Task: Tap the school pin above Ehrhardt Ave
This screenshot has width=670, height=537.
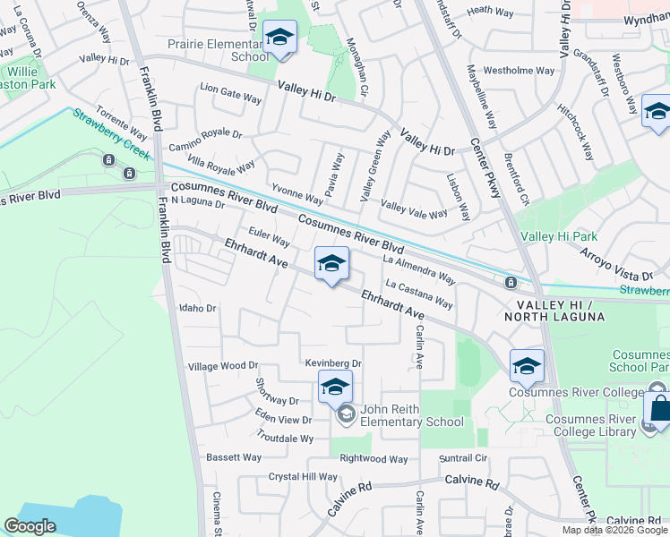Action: pos(331,264)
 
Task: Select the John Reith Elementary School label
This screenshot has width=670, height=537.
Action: pos(411,415)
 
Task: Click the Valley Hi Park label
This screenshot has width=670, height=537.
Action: pos(559,236)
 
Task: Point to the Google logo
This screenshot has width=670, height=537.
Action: pos(30,526)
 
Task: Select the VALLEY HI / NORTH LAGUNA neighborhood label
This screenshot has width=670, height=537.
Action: pos(562,310)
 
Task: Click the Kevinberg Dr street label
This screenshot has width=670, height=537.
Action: pos(332,364)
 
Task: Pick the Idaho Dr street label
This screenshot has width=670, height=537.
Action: pos(198,308)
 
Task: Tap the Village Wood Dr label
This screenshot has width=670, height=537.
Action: pos(222,366)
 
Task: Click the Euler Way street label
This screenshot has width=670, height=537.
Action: pos(269,241)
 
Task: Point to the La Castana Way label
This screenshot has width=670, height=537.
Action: pos(419,294)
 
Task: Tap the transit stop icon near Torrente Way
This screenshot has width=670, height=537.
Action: pos(108,160)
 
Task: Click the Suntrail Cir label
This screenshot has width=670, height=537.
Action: pos(463,457)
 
